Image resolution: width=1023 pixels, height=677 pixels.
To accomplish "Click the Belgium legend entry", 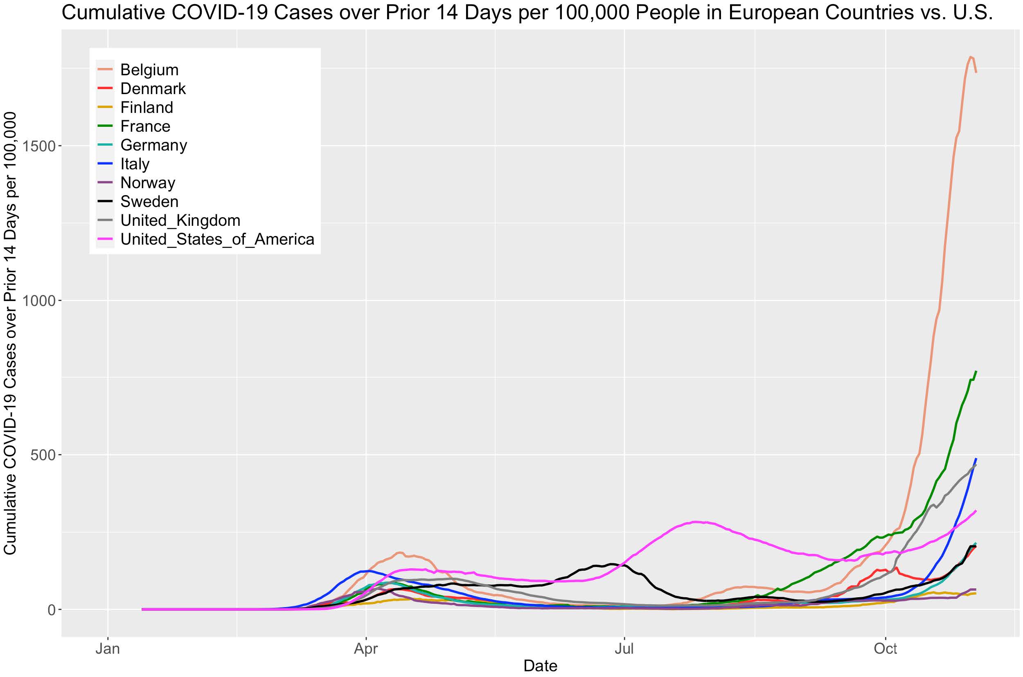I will pyautogui.click(x=149, y=70).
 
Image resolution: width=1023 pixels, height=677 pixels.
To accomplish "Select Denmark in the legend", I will pyautogui.click(x=153, y=89).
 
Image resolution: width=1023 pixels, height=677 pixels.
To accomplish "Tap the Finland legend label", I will pyautogui.click(x=146, y=108).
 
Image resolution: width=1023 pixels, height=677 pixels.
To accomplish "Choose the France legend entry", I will pyautogui.click(x=145, y=126).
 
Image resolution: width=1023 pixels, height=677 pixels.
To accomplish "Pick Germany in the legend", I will pyautogui.click(x=153, y=146).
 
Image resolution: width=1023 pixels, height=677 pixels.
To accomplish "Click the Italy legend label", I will pyautogui.click(x=135, y=164).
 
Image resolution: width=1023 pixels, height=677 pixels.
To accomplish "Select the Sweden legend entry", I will pyautogui.click(x=149, y=202).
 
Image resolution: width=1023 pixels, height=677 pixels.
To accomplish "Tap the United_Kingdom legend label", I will pyautogui.click(x=180, y=220).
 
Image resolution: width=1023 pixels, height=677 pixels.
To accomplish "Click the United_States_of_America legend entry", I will pyautogui.click(x=217, y=239).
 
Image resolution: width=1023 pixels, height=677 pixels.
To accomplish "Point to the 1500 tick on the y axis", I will pyautogui.click(x=39, y=146).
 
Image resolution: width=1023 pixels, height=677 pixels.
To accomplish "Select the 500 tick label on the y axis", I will pyautogui.click(x=43, y=455).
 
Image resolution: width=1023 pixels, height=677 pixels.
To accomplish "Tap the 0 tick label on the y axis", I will pyautogui.click(x=52, y=610).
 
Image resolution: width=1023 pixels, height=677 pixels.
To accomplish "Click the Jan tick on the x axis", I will pyautogui.click(x=108, y=648).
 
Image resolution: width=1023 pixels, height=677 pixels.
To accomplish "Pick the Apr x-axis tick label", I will pyautogui.click(x=366, y=648).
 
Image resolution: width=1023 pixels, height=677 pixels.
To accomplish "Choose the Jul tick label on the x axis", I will pyautogui.click(x=624, y=648).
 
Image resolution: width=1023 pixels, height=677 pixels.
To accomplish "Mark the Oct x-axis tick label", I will pyautogui.click(x=885, y=648).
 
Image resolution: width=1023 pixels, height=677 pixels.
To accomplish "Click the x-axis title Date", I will pyautogui.click(x=540, y=666).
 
